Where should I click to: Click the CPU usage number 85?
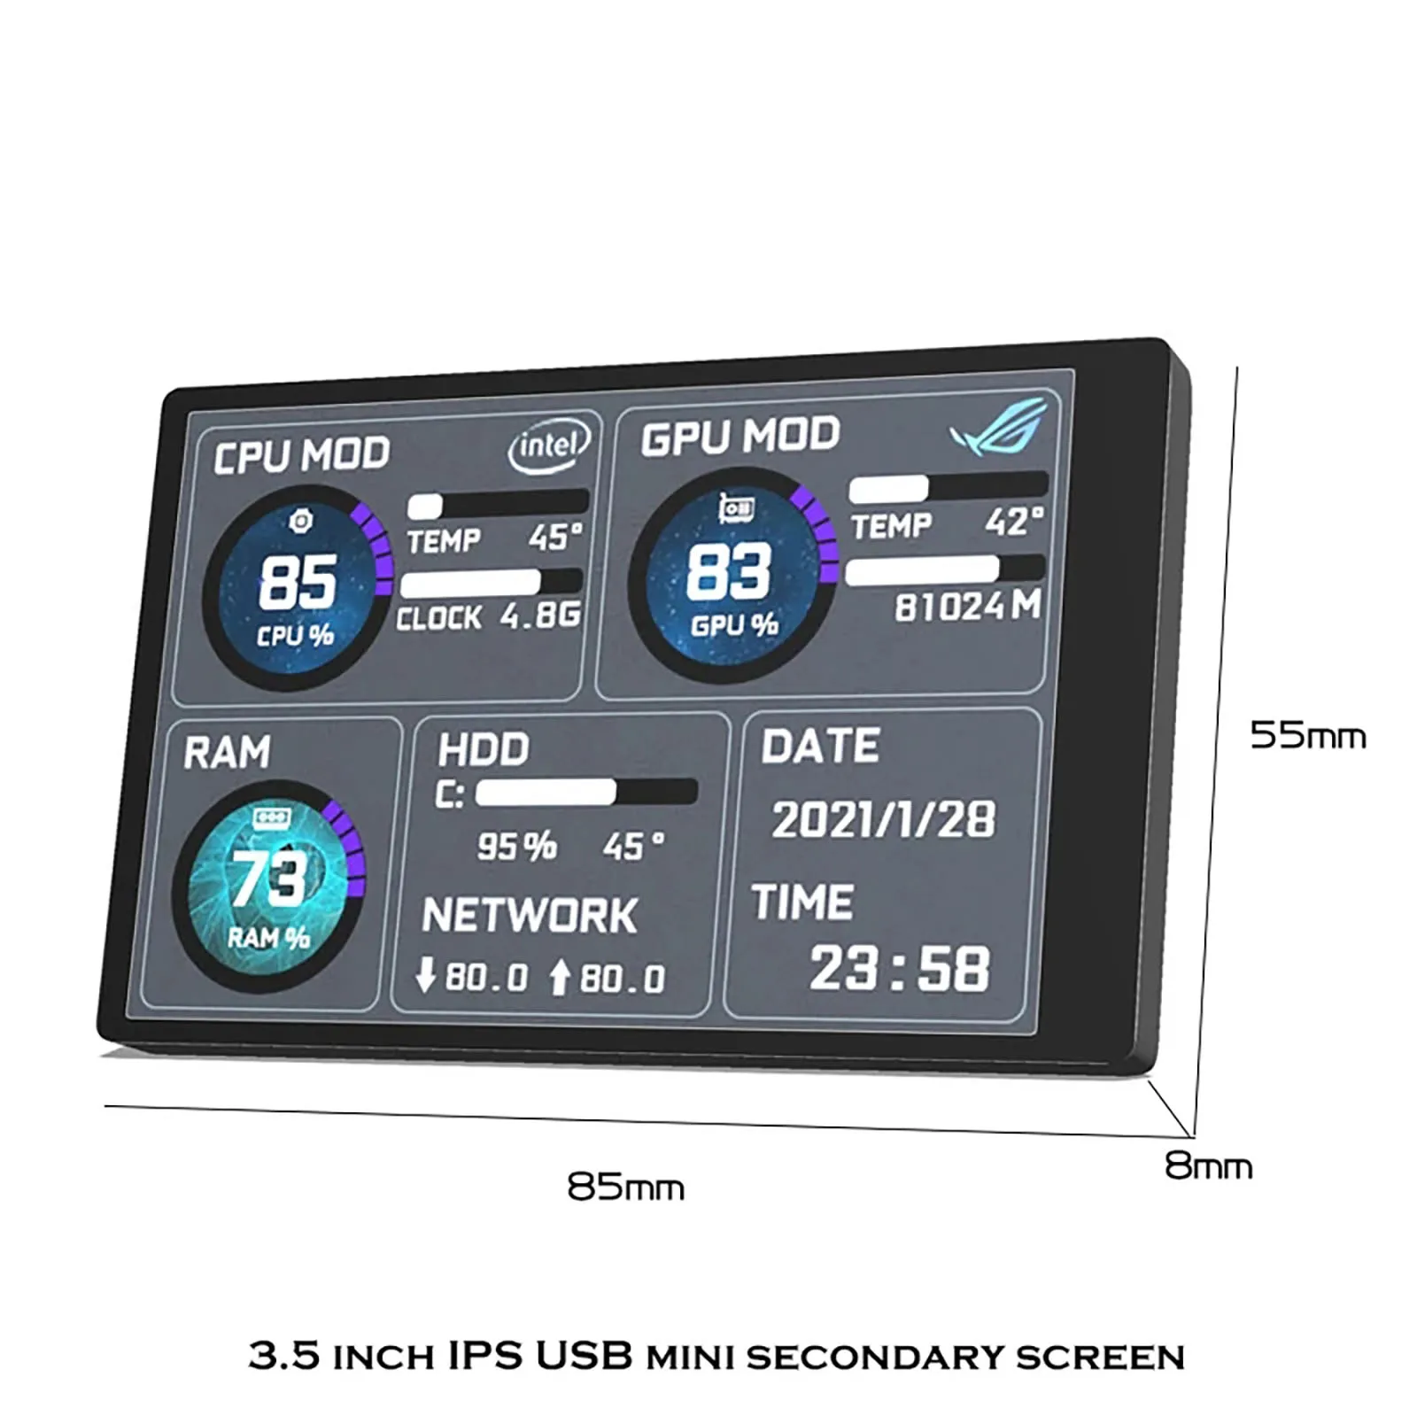click(x=298, y=583)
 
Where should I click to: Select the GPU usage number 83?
click(x=728, y=572)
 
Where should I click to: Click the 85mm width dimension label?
click(x=625, y=1187)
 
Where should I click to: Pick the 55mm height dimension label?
click(x=1307, y=735)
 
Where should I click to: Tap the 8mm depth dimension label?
click(x=1208, y=1166)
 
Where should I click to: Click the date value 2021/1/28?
click(x=883, y=819)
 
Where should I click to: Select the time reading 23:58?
click(x=899, y=968)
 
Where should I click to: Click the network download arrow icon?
click(x=426, y=975)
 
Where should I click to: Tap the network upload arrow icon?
click(x=559, y=977)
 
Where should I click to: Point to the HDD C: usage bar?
click(x=586, y=792)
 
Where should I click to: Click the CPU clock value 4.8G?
click(x=540, y=615)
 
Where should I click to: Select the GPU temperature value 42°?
click(x=1013, y=522)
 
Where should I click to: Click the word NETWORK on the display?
click(x=529, y=915)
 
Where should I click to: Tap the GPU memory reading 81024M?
click(x=967, y=607)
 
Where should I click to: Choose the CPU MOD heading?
click(x=301, y=455)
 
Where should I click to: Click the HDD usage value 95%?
click(x=516, y=847)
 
